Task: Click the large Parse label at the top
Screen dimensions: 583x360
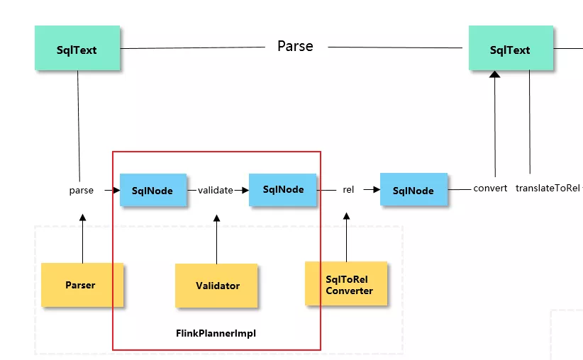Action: pos(295,47)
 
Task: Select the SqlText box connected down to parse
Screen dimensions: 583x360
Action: pos(77,48)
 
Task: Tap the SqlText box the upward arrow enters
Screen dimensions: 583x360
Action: pos(511,48)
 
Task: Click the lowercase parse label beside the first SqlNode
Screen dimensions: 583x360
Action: pos(82,191)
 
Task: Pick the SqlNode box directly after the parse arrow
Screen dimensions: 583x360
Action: pos(153,190)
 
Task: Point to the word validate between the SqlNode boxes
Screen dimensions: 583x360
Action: pos(216,190)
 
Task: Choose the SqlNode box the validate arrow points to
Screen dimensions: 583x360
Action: pos(282,189)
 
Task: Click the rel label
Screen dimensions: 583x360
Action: pos(348,189)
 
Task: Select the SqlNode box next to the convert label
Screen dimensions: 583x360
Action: pos(413,189)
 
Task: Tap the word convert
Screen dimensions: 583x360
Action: pos(490,189)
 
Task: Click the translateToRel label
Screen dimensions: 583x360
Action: pos(548,189)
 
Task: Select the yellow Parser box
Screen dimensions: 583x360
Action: pos(82,285)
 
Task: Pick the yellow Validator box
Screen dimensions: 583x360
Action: pos(216,286)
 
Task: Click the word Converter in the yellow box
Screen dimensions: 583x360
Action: pos(349,291)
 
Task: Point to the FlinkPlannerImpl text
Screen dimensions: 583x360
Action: pos(216,333)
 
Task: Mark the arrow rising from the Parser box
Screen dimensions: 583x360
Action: pos(82,239)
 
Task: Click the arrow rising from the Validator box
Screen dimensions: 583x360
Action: pos(217,240)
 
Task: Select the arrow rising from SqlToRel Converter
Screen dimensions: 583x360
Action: pos(347,237)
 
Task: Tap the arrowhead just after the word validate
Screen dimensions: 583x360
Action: pos(245,190)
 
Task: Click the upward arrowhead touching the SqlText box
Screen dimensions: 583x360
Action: pos(494,74)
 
